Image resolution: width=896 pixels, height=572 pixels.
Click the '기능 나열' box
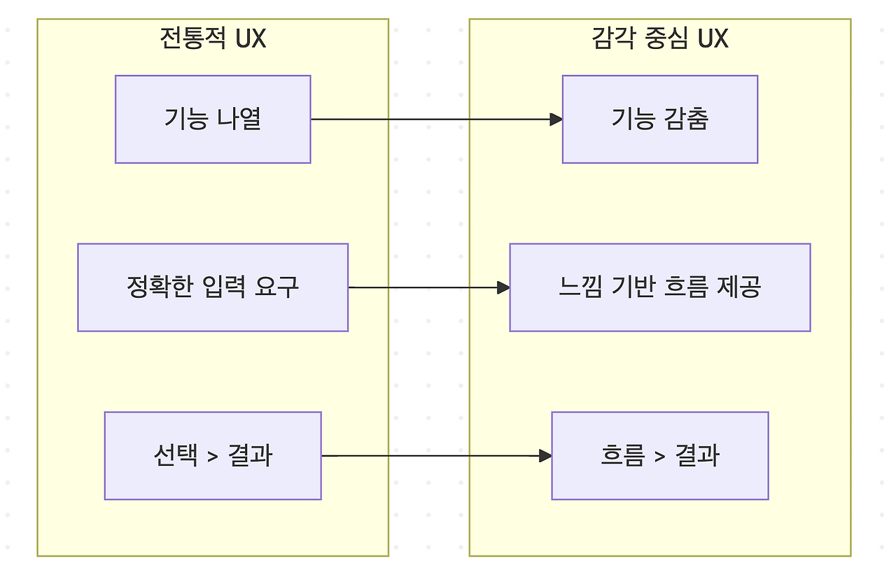(213, 120)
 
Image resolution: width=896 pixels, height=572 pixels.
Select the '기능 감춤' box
(659, 120)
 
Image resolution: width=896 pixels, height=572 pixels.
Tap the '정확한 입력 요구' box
(213, 287)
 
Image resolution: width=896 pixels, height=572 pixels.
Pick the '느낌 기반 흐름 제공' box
(659, 287)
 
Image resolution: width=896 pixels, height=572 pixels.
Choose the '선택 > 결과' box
(213, 456)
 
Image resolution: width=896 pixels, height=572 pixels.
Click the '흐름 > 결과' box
(659, 456)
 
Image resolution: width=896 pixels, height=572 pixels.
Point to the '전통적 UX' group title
(213, 38)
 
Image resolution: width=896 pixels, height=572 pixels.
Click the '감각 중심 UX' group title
(659, 38)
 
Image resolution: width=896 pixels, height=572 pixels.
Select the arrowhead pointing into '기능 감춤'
(556, 120)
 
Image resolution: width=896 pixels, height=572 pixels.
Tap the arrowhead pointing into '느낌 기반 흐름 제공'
(503, 287)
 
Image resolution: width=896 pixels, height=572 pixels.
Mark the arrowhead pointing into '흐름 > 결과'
(546, 456)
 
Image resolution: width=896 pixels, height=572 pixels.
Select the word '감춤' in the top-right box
(687, 119)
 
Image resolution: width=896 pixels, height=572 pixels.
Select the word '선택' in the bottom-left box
(174, 456)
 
